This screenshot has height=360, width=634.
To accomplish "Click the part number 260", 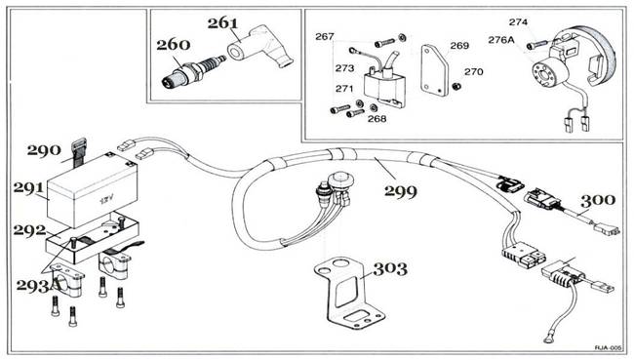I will [174, 44].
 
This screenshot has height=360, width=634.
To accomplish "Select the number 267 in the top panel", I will [324, 37].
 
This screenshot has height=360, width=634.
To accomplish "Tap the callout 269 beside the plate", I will [459, 46].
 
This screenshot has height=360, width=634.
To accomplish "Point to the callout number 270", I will [474, 71].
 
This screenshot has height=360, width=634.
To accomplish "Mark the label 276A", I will [501, 41].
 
